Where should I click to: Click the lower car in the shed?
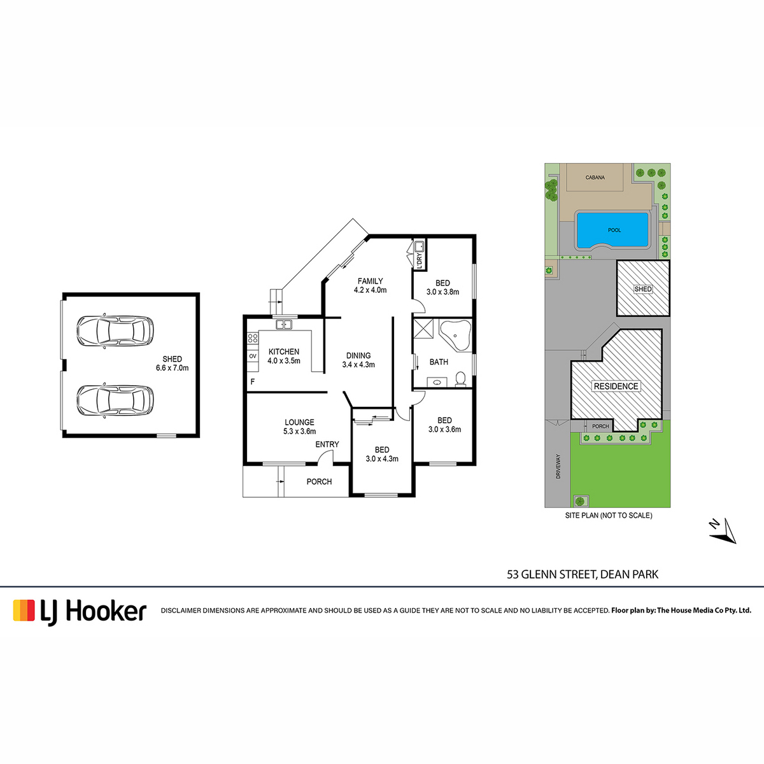click(x=115, y=400)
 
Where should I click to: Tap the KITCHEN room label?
click(x=284, y=351)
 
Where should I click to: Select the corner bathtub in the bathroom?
click(x=455, y=336)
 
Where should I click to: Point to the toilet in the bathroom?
click(x=460, y=379)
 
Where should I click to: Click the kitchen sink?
click(x=284, y=325)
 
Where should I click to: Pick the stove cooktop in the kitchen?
click(x=253, y=338)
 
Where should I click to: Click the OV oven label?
click(x=253, y=356)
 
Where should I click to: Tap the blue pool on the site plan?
click(x=613, y=230)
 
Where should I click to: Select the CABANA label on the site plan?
click(x=595, y=178)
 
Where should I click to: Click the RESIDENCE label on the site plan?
click(x=616, y=386)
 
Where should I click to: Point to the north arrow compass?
click(x=723, y=531)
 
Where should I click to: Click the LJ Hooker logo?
click(x=80, y=611)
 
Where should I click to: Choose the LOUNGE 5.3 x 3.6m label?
click(x=299, y=427)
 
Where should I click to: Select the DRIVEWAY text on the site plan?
click(x=558, y=466)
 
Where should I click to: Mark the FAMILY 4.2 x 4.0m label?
click(x=370, y=285)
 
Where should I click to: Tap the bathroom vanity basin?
click(x=437, y=383)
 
